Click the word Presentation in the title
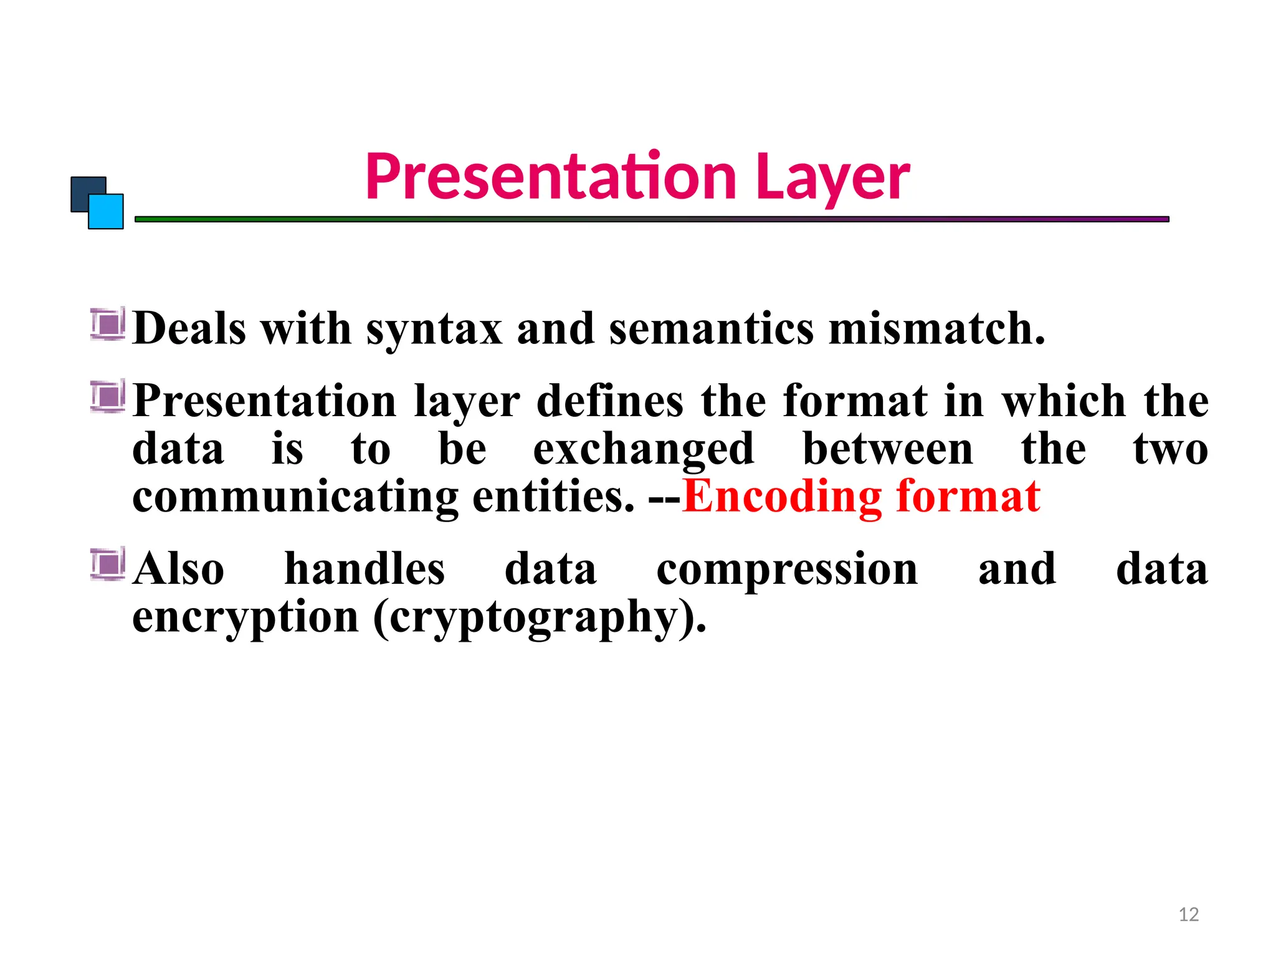tap(551, 177)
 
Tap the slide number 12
tap(1188, 915)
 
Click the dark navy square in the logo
tap(84, 190)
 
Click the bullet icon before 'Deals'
tap(108, 324)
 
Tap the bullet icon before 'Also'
tap(108, 564)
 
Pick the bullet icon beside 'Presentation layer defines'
tap(108, 396)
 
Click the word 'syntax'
tap(434, 329)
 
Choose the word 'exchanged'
tap(644, 450)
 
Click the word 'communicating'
tap(295, 497)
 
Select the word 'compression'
tap(787, 570)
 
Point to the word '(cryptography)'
tap(540, 618)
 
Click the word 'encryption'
tap(245, 618)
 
